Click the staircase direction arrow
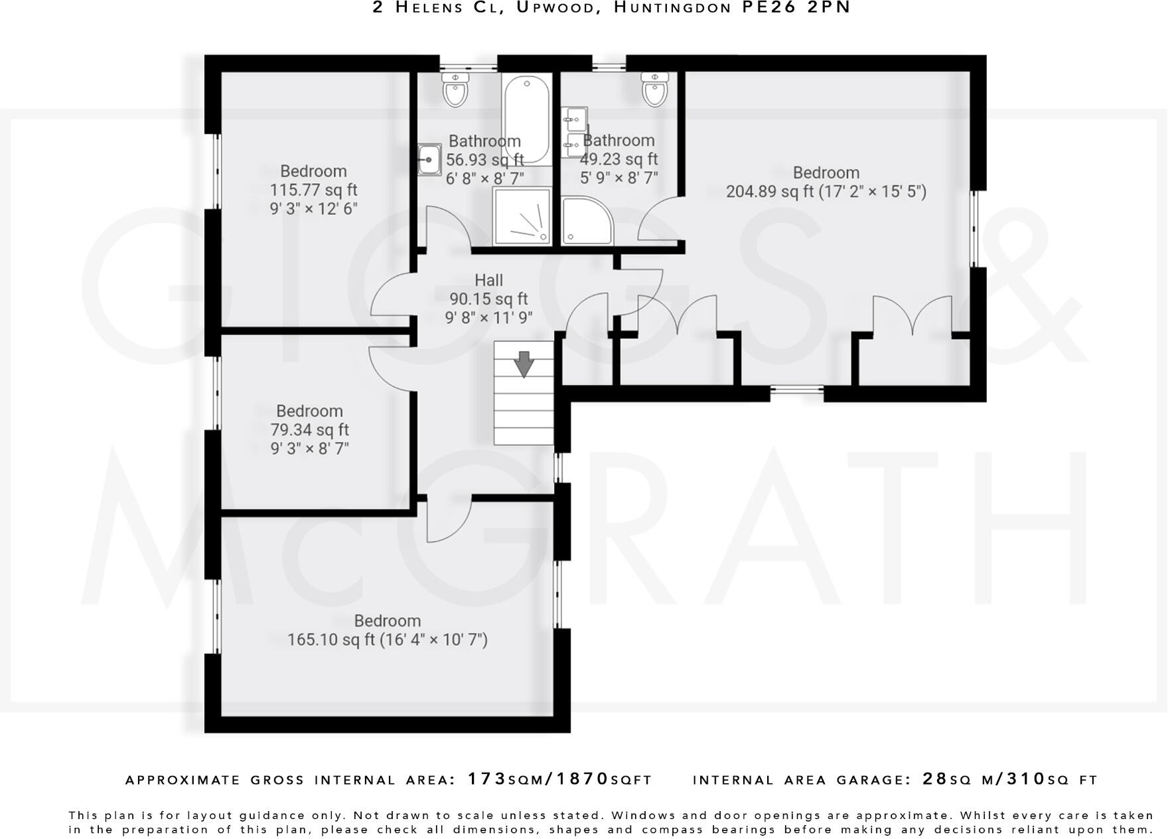pos(524,364)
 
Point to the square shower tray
pos(522,216)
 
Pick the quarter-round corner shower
pos(587,220)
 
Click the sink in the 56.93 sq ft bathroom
pos(429,160)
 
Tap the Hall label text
pos(488,280)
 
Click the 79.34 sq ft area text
pos(309,429)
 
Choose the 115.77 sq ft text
pos(313,190)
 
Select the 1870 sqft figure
pos(583,779)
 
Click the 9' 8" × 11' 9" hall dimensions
pos(488,318)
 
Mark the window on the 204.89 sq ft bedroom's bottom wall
pos(796,393)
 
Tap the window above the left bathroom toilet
pos(469,66)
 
